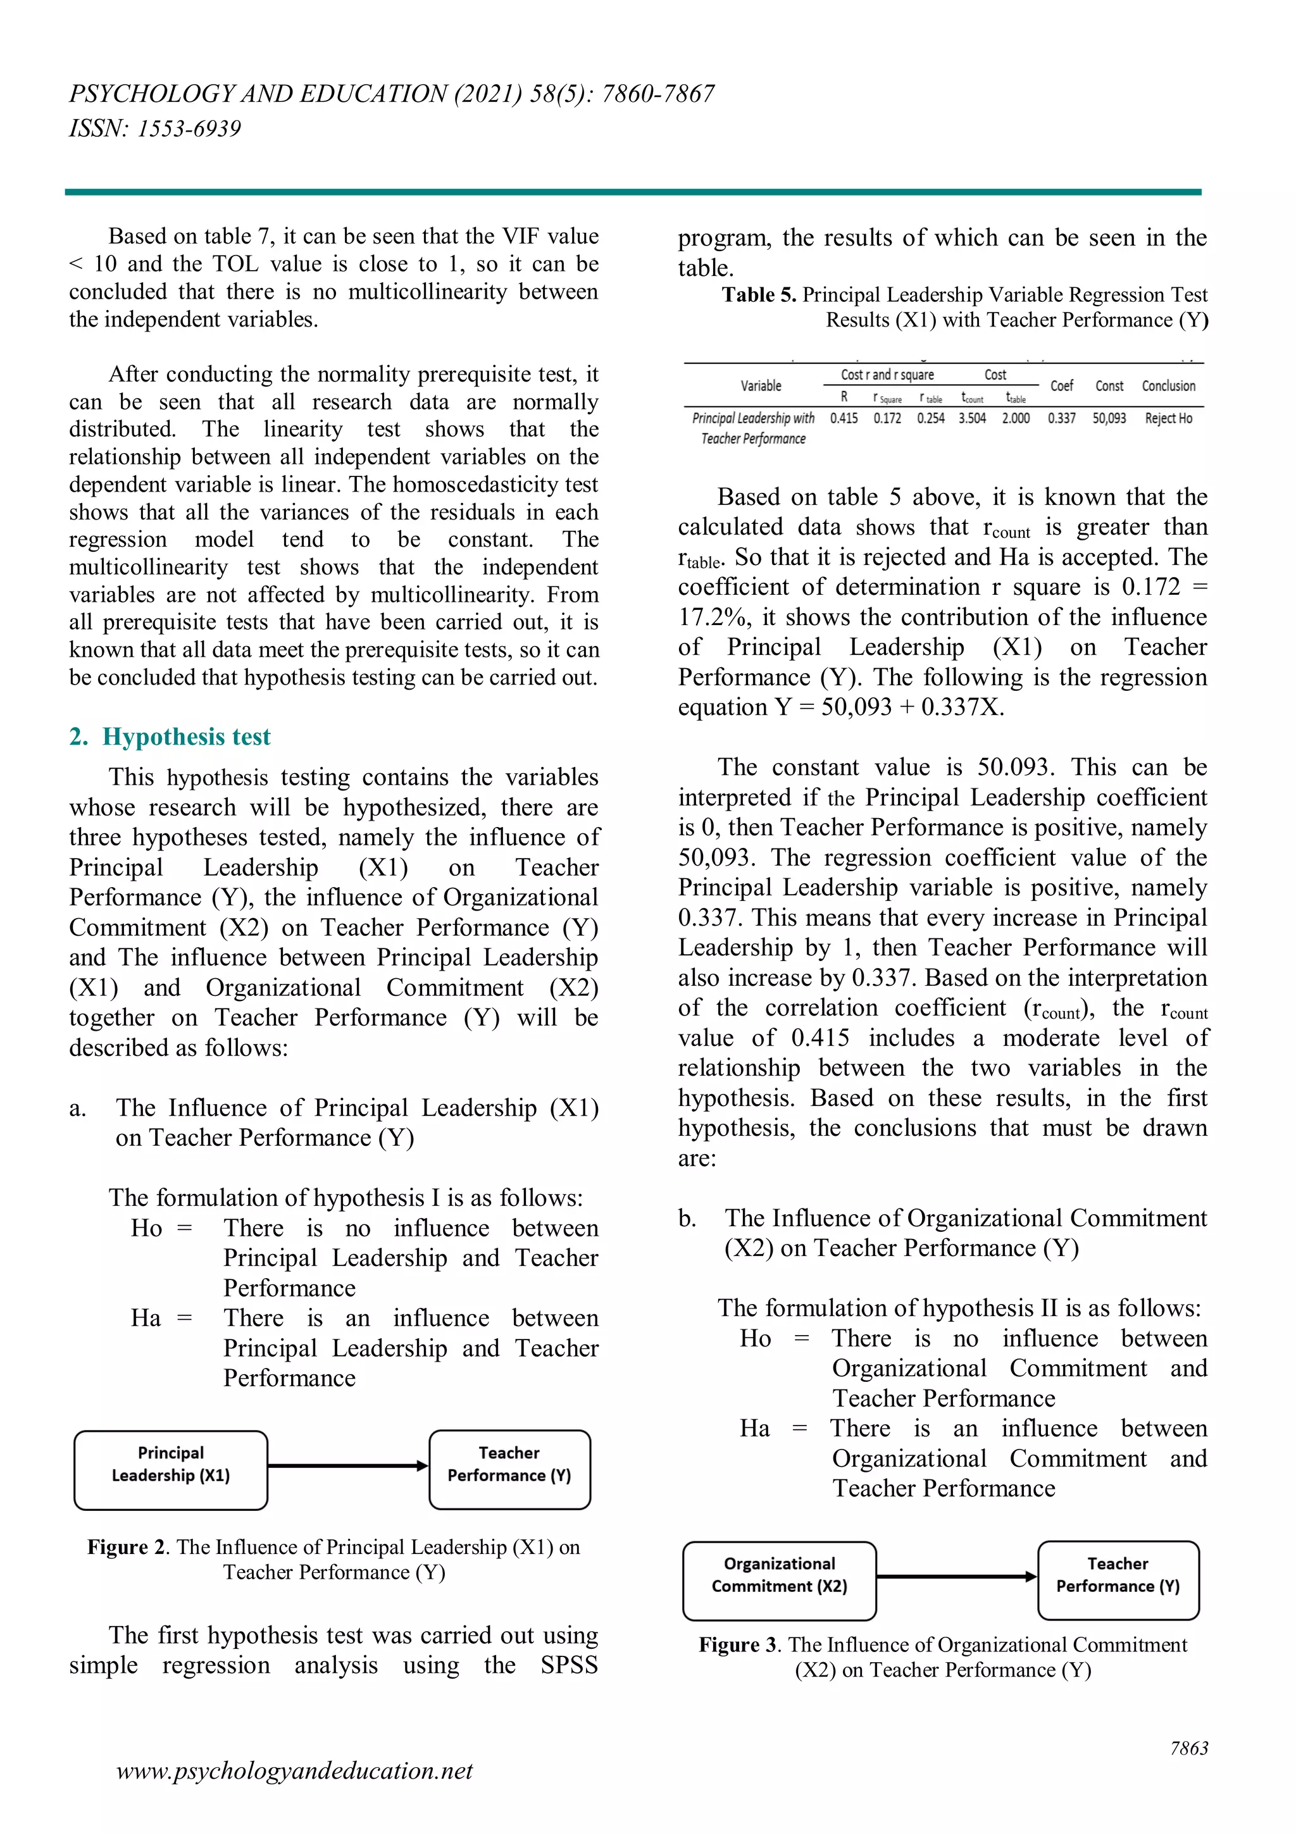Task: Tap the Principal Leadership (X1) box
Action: point(170,1470)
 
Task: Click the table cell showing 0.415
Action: point(844,418)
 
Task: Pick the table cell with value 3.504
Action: point(972,418)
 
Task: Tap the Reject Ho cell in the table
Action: point(1168,418)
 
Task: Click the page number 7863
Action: point(1188,1748)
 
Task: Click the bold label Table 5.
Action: point(759,295)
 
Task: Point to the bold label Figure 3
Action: point(738,1645)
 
